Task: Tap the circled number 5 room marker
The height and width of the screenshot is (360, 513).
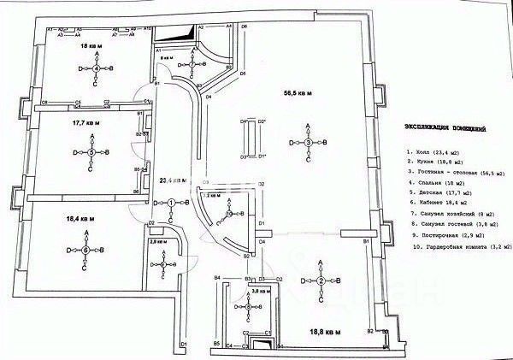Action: (x=91, y=152)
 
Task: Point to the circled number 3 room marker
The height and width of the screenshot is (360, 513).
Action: (x=309, y=142)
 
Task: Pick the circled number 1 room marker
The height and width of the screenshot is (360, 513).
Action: (x=172, y=203)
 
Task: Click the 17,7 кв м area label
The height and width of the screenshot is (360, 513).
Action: (x=86, y=123)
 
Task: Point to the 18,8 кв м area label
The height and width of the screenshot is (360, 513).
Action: (x=326, y=331)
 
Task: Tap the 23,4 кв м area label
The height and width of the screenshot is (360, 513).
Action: (x=174, y=180)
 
